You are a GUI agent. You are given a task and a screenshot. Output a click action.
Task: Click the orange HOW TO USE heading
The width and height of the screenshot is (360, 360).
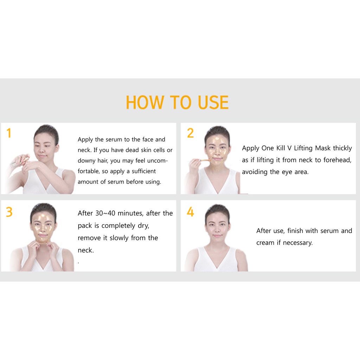(177, 102)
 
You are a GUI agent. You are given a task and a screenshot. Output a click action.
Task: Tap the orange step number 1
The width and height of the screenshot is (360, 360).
(9, 133)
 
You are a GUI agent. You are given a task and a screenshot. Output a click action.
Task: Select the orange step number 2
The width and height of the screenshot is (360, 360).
(190, 133)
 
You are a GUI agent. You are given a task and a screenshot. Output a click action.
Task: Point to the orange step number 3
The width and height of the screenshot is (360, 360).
(9, 212)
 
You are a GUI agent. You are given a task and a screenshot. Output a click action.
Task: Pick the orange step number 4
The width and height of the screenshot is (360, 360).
(190, 212)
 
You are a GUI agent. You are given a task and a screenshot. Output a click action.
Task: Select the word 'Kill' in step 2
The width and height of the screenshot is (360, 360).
(281, 148)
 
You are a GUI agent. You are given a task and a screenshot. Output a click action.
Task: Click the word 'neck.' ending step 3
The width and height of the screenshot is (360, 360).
(86, 250)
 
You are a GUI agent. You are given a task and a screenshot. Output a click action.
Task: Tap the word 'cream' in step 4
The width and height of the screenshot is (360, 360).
(265, 243)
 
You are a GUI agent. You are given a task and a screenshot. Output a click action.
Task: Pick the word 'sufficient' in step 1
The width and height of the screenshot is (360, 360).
(144, 171)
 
